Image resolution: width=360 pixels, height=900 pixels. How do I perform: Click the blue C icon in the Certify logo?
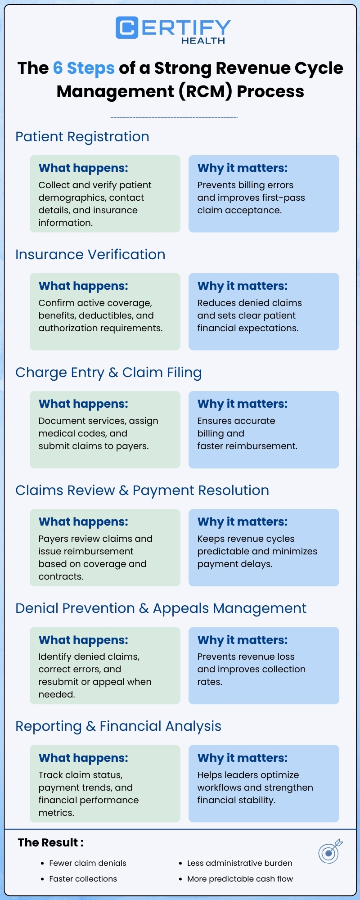[x=127, y=28]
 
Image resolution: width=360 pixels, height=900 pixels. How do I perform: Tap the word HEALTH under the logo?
[x=203, y=40]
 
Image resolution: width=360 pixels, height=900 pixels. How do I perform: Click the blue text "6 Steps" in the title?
[x=84, y=68]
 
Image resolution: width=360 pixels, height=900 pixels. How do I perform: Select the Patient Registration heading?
[x=82, y=137]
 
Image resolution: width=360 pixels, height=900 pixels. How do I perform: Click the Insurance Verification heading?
[x=90, y=255]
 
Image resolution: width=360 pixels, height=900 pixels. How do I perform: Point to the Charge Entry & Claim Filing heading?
[x=108, y=373]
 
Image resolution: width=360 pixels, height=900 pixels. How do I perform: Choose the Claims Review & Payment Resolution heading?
[x=142, y=490]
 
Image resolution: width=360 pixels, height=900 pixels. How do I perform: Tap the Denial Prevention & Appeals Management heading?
[x=161, y=608]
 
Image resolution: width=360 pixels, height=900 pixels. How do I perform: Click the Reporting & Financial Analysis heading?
[x=118, y=726]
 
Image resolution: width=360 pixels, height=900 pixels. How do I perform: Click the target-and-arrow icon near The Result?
[x=330, y=851]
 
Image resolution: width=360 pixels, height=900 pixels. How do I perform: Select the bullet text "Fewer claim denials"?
[x=88, y=863]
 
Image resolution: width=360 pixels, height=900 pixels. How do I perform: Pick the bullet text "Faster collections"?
[x=83, y=879]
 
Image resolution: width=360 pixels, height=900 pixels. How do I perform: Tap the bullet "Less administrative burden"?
[x=240, y=863]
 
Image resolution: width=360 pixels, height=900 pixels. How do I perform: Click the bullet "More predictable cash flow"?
[x=240, y=879]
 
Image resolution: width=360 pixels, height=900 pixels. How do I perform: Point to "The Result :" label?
[x=51, y=842]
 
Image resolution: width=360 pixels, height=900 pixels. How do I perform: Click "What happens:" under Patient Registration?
[x=83, y=168]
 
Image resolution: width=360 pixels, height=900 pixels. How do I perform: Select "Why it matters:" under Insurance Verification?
[x=243, y=286]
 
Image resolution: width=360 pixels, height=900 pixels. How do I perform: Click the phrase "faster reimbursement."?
[x=247, y=446]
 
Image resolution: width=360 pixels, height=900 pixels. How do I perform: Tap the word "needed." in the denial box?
[x=57, y=694]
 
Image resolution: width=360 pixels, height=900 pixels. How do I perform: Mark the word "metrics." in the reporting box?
[x=56, y=813]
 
